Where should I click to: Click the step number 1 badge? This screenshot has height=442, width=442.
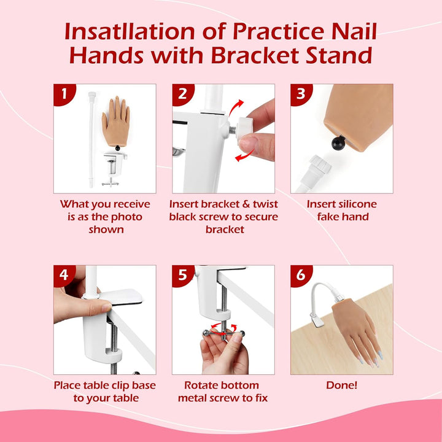tap(63, 94)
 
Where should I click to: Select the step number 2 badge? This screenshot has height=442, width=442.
tap(182, 94)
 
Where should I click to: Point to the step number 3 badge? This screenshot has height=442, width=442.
tap(300, 94)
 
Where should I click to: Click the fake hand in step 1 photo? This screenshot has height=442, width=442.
tap(117, 120)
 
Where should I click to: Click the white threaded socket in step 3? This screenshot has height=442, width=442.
tap(320, 166)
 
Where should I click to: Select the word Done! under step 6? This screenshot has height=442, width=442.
tap(342, 386)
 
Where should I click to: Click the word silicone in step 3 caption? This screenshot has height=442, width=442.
tap(354, 204)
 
